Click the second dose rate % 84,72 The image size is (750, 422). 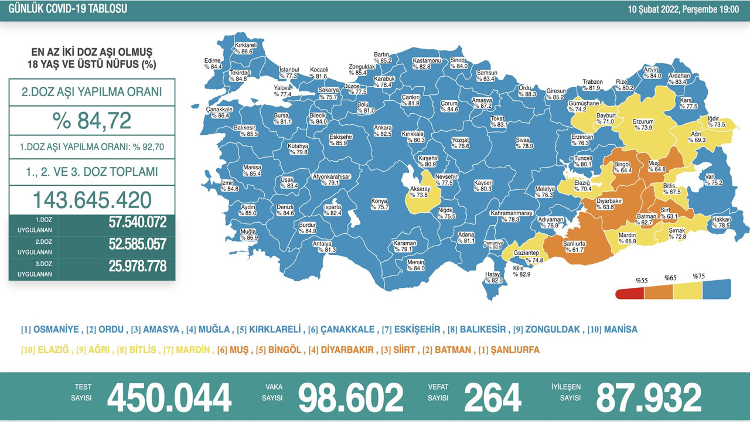click(91, 121)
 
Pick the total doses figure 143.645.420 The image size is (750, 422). click(91, 200)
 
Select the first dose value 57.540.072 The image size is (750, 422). click(138, 222)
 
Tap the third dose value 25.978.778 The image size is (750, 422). click(138, 266)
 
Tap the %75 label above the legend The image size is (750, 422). click(698, 277)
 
